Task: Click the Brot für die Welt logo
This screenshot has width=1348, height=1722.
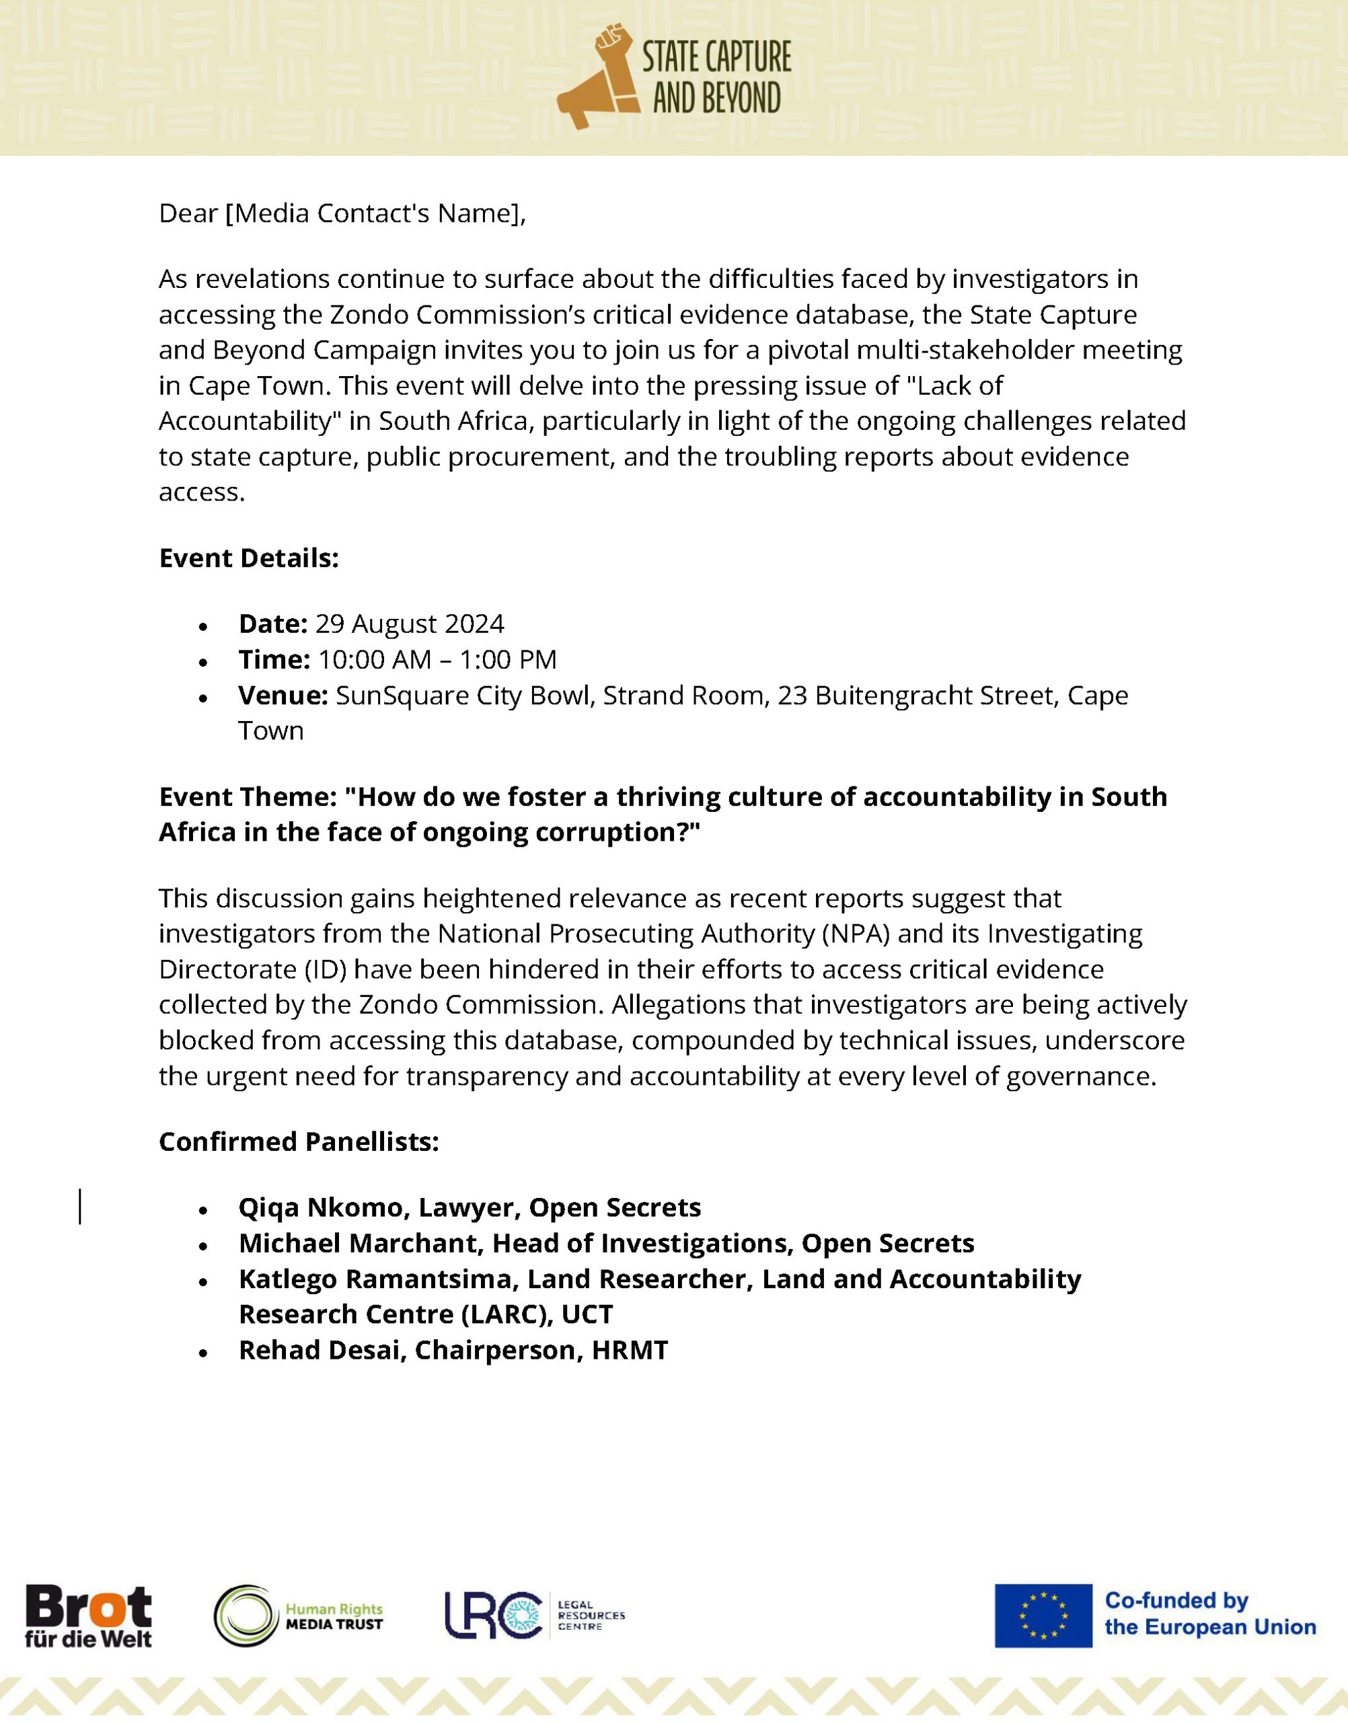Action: point(87,1616)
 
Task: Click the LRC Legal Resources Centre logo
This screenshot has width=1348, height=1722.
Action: point(534,1614)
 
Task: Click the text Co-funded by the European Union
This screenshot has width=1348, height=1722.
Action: point(1209,1614)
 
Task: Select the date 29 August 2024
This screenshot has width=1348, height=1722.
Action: point(409,624)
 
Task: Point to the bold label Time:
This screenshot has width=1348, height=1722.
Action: point(274,660)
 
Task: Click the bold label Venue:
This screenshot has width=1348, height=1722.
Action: point(283,696)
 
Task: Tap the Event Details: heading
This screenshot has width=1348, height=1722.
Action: point(249,558)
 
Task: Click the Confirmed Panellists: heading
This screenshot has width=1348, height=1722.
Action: point(299,1141)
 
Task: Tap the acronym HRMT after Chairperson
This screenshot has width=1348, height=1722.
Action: point(630,1349)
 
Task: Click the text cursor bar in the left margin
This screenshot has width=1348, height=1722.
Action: point(80,1207)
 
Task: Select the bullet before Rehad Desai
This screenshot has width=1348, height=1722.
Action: point(204,1353)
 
